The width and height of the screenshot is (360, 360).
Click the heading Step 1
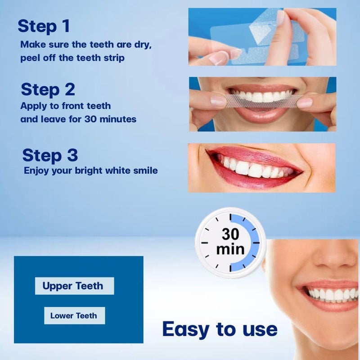[44, 26]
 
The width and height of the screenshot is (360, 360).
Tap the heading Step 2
[48, 90]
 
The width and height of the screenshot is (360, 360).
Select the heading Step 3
[50, 155]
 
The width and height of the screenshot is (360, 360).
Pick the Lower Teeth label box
[74, 315]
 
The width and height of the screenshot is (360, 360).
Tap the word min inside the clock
[230, 249]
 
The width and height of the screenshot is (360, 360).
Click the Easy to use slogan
[220, 329]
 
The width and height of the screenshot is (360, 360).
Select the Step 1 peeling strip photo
[262, 36]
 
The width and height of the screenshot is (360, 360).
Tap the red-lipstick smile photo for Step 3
[261, 167]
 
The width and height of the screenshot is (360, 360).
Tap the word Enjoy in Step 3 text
[35, 171]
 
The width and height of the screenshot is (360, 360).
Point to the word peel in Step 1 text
[29, 58]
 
